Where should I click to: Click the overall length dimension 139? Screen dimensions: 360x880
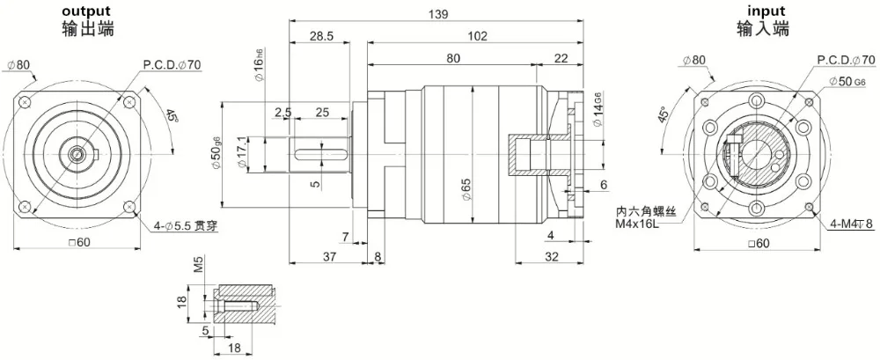[x=438, y=15]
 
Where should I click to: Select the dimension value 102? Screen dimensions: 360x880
[x=477, y=37]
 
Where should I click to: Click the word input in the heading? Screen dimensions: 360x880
[x=765, y=11]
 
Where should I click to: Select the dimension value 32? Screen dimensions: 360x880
[x=552, y=256]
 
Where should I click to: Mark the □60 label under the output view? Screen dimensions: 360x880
[x=80, y=243]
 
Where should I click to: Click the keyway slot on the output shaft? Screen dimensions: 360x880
[x=320, y=154]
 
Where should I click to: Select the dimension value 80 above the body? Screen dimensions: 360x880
[x=452, y=59]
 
